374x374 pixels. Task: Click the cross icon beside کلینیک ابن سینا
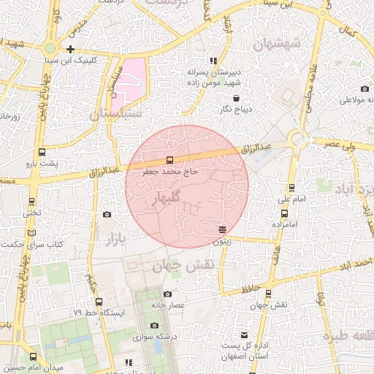(70, 50)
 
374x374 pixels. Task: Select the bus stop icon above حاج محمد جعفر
(170, 160)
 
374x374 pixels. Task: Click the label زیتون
(222, 240)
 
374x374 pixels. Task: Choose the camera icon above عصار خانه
(169, 294)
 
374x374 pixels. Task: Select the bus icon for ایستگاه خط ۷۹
(99, 301)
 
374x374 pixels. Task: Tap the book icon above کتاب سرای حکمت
(31, 233)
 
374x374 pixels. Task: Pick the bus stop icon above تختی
(31, 202)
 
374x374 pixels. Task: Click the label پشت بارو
(42, 164)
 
